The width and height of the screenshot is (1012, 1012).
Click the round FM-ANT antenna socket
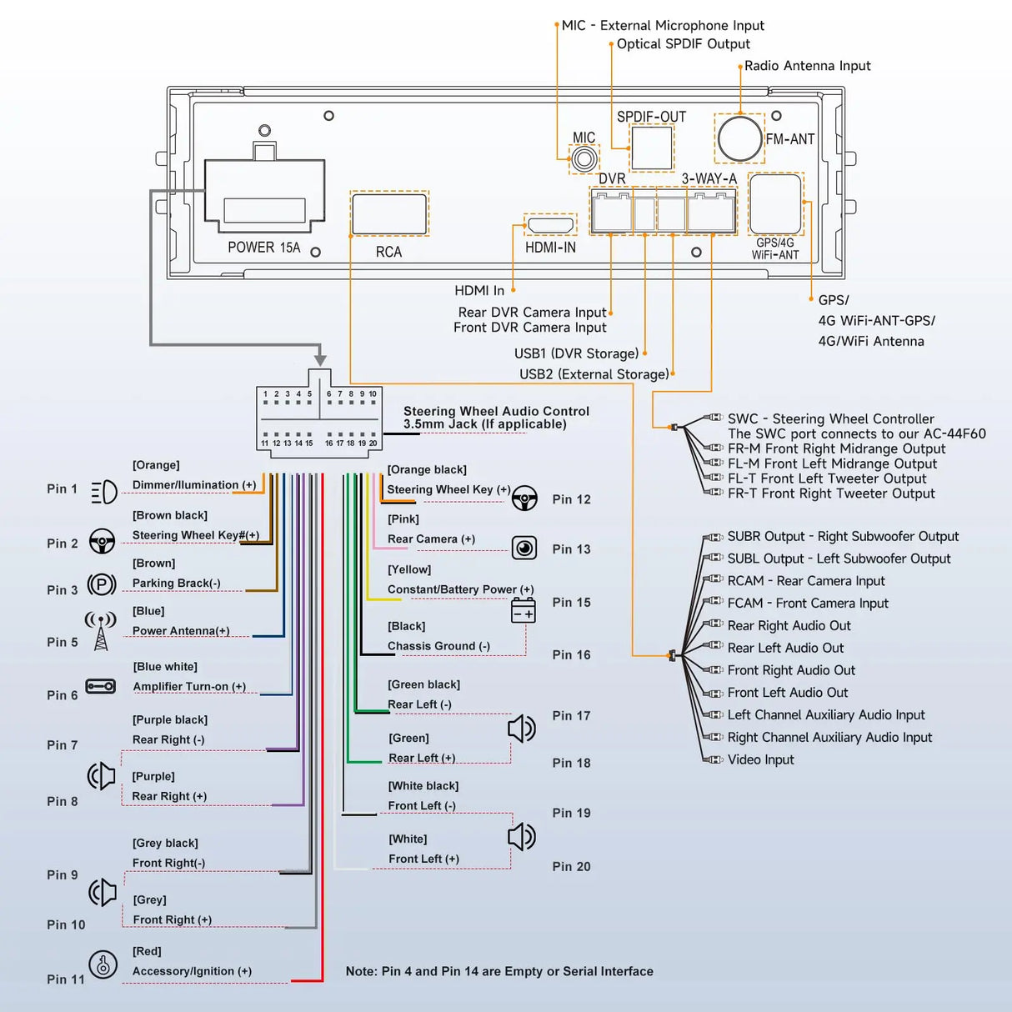[739, 138]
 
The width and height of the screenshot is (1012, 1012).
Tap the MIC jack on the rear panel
[584, 158]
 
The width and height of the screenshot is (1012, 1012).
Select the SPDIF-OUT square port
[651, 148]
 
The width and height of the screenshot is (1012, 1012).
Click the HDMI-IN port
[550, 225]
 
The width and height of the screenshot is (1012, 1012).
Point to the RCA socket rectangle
[389, 213]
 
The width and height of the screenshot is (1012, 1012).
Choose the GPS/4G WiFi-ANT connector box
[775, 204]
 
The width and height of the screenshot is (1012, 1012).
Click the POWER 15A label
[263, 248]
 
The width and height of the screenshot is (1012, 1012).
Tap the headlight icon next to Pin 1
[104, 492]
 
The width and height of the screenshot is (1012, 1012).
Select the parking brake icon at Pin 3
[102, 584]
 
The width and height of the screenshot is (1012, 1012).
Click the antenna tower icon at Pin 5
[101, 632]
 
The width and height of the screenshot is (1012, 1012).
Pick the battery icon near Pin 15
[524, 610]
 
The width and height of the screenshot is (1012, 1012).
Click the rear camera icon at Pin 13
[524, 548]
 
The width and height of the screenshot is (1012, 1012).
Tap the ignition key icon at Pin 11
[103, 964]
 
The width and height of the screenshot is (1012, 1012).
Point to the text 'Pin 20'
[571, 867]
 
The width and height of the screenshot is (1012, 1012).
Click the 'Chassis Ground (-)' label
[438, 646]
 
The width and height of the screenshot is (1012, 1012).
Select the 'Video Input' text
[760, 759]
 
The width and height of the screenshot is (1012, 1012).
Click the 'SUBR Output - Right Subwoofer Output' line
[843, 537]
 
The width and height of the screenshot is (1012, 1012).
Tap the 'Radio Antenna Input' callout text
[807, 66]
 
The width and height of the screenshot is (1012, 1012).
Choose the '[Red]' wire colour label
[147, 951]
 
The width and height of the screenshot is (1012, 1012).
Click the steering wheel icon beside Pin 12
[524, 498]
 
